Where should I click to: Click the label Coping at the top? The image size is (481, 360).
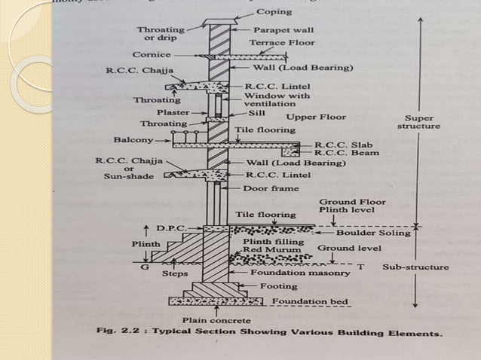click(274, 13)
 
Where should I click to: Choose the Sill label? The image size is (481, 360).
click(257, 113)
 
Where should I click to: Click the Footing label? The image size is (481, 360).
click(278, 286)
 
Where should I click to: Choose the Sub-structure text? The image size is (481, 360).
click(415, 267)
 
